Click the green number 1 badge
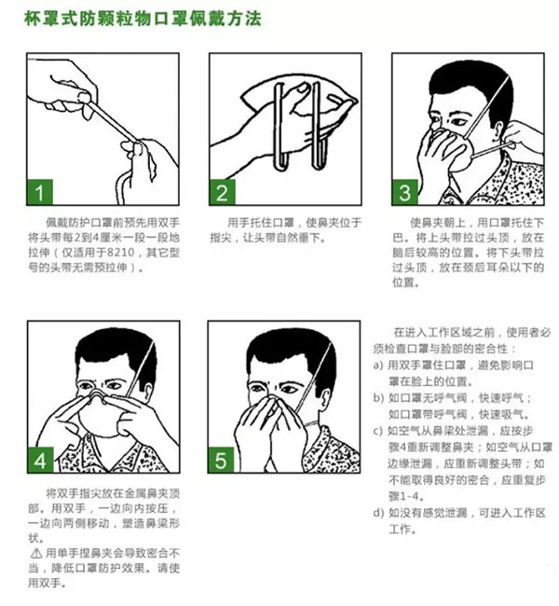39,192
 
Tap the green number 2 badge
222,192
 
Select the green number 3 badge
404,192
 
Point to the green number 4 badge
40,460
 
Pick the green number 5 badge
221,460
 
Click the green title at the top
143,19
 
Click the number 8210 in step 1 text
120,253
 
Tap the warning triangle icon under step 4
36,554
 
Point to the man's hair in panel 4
115,350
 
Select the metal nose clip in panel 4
97,393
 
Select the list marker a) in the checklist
378,365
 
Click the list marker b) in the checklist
378,398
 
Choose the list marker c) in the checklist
378,431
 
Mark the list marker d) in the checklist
378,513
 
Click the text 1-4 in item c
412,496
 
